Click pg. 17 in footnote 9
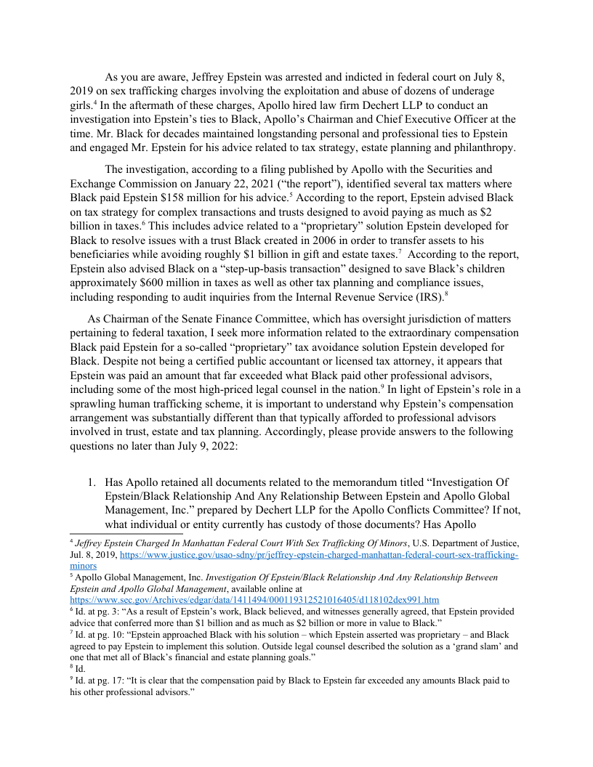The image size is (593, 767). (104, 681)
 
